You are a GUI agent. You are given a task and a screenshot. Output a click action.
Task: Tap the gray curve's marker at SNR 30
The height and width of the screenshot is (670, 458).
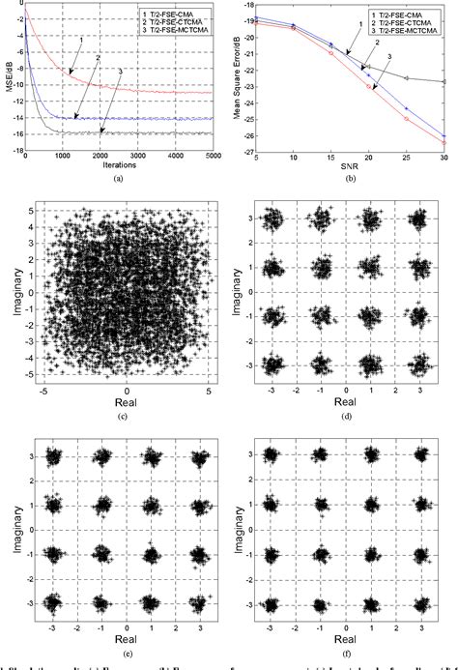coord(444,81)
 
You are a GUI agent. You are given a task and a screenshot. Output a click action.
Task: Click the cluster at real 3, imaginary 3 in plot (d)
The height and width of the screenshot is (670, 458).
coord(418,220)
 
